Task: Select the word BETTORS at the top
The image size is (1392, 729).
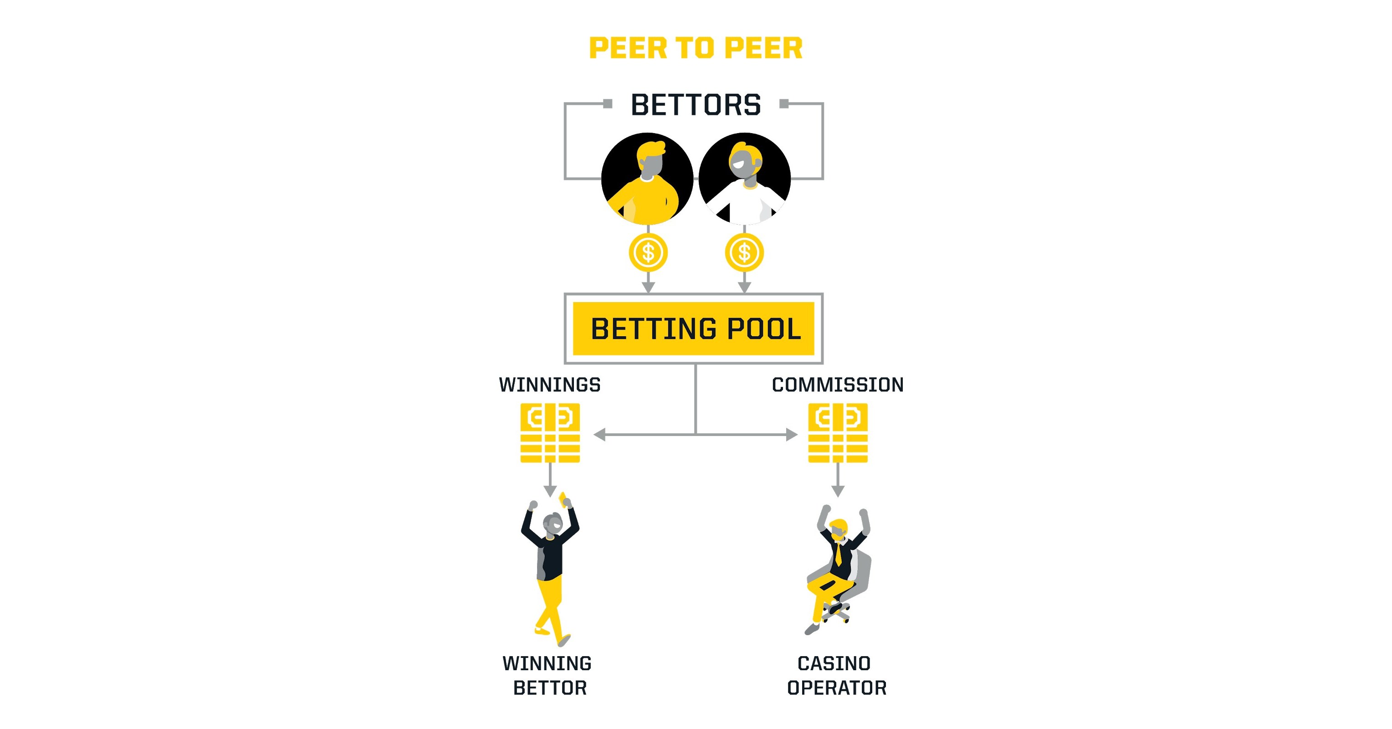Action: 696,105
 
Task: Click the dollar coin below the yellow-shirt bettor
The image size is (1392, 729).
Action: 648,252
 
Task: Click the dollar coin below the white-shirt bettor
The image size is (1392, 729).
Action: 744,252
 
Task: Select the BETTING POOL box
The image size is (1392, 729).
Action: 694,329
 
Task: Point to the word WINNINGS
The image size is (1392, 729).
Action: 550,385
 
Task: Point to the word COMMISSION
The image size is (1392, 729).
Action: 838,385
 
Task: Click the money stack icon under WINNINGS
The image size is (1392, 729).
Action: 550,433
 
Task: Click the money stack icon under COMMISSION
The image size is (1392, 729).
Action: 838,433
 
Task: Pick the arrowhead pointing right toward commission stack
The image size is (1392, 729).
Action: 792,435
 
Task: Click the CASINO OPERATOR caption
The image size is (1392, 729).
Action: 836,676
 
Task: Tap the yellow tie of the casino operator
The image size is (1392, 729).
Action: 838,554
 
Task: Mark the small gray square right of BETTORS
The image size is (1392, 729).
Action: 784,104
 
